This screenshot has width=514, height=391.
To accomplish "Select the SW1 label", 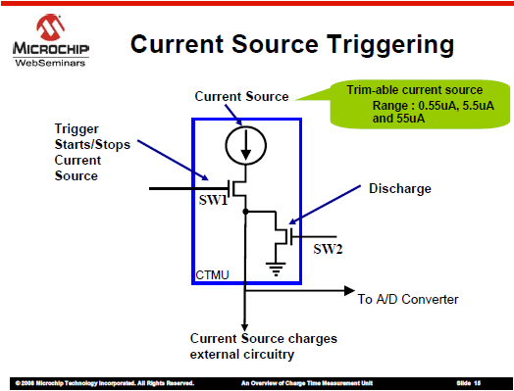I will (213, 201).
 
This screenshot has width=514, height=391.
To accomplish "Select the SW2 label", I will (327, 249).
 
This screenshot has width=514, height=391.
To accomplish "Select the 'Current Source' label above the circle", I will (242, 96).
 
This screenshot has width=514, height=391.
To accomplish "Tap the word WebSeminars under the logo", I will (48, 63).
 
